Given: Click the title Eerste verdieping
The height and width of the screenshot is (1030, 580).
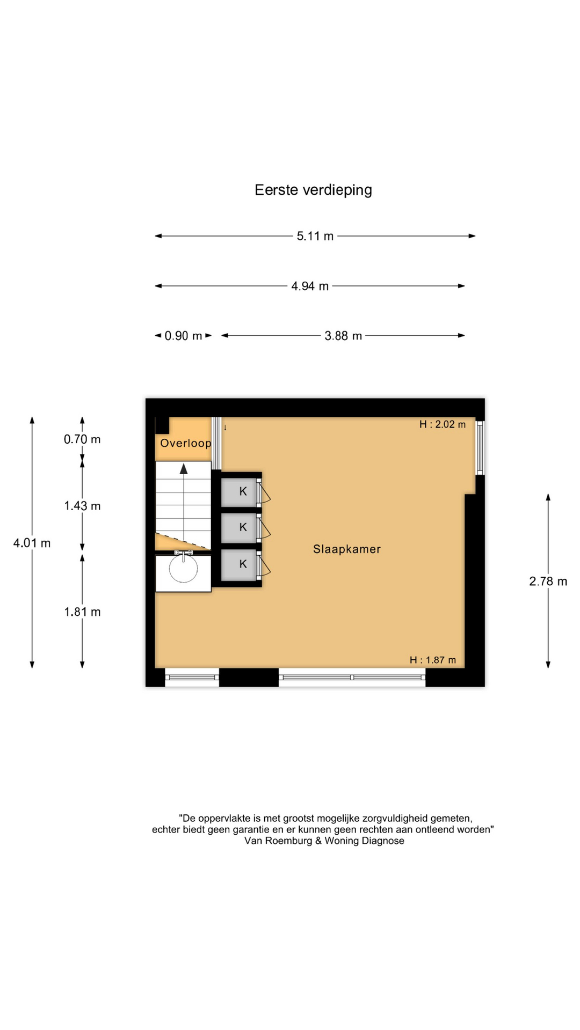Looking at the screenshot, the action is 313,190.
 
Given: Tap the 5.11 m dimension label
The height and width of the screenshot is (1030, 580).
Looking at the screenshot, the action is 315,236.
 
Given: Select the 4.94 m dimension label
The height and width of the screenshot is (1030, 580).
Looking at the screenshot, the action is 310,286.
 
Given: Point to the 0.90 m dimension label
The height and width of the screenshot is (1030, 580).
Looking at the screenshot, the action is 183,336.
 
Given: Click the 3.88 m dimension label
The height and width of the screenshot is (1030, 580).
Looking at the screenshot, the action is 343,336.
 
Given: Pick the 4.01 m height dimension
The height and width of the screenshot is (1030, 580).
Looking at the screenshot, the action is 32,543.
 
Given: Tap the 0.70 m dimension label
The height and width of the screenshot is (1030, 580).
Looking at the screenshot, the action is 82,439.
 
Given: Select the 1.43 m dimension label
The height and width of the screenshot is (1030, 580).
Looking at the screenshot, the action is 82,506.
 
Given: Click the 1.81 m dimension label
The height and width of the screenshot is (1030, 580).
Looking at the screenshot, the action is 82,612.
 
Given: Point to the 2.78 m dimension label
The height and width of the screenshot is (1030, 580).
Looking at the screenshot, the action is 548,582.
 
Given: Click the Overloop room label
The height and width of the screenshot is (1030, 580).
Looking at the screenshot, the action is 186,444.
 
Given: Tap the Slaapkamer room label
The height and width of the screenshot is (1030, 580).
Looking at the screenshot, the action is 347,549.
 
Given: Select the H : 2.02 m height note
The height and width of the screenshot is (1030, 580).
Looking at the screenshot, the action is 443,424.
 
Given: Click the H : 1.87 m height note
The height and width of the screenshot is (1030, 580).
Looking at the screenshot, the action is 433,660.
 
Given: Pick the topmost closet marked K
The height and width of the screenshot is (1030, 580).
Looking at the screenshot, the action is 240,491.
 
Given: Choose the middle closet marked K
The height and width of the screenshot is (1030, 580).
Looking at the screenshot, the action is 240,527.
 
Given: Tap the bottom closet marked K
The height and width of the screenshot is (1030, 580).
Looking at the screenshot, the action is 240,564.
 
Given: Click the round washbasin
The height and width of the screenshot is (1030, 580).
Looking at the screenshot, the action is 183,569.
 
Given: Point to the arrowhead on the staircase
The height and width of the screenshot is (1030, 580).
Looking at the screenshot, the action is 184,469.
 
